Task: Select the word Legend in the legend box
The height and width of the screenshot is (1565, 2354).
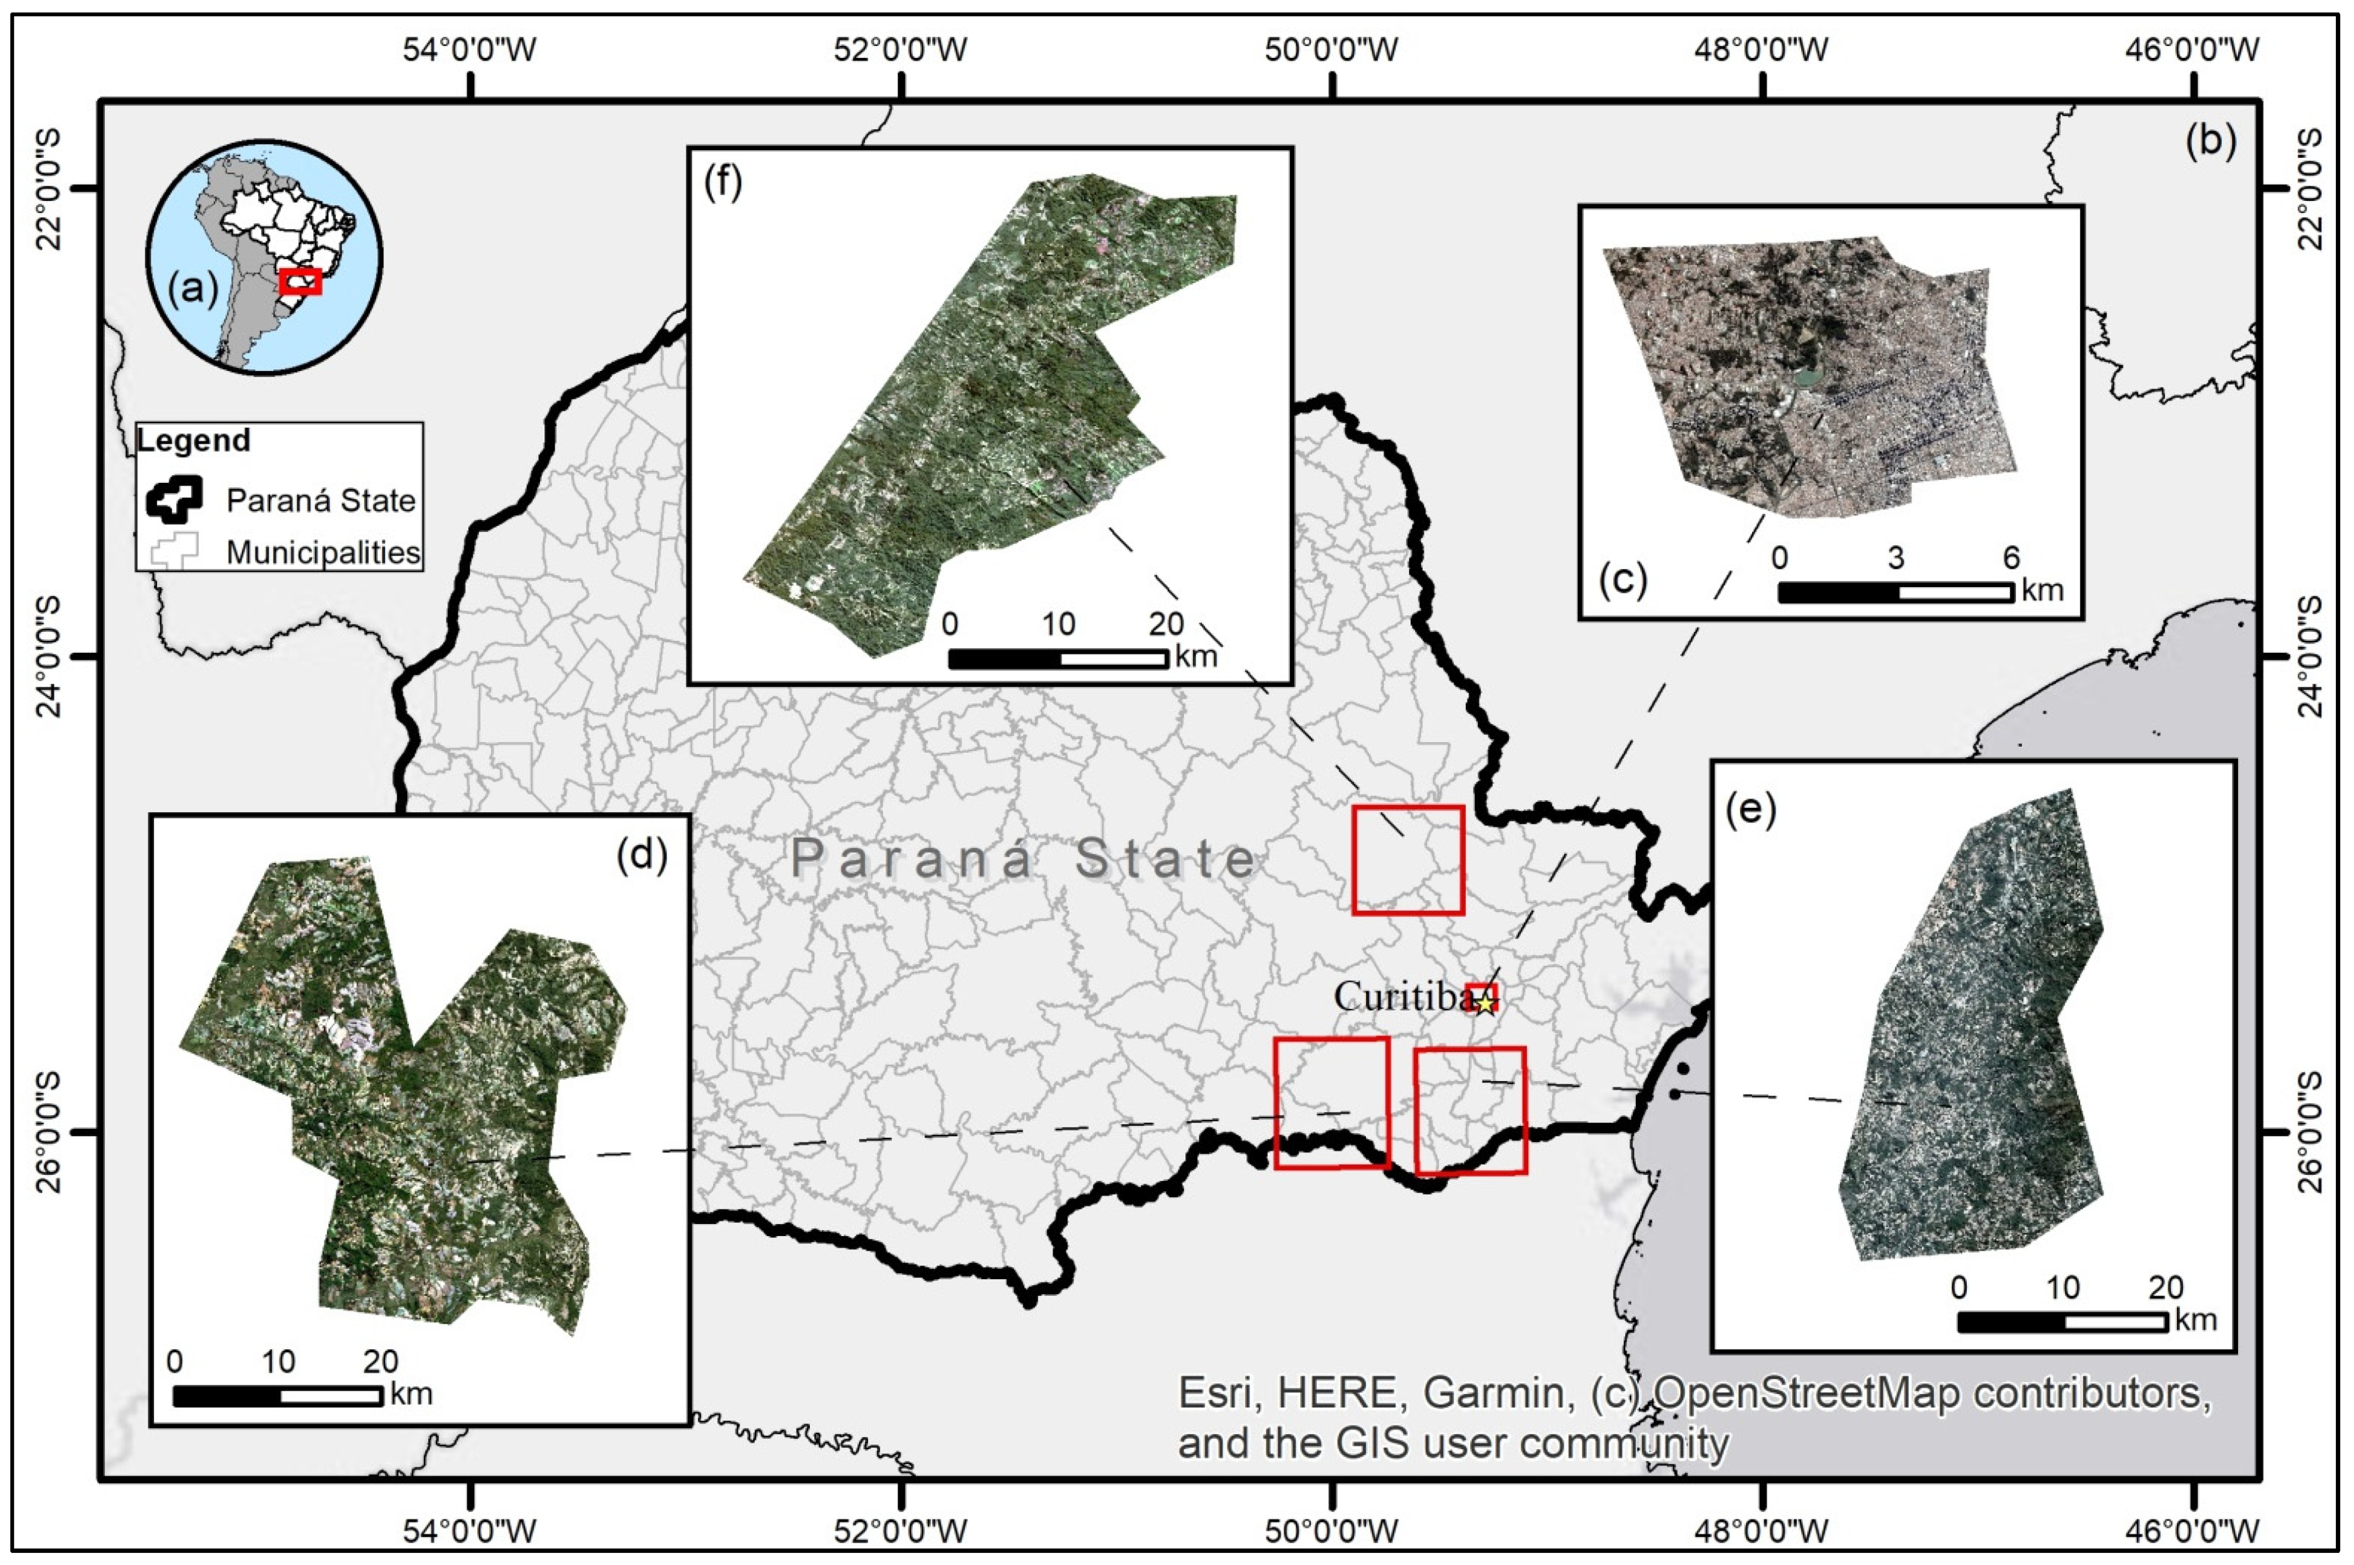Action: coord(194,440)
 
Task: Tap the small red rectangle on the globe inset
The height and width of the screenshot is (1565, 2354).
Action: coord(300,281)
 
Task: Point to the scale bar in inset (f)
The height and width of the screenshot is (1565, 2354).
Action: coord(1058,659)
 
